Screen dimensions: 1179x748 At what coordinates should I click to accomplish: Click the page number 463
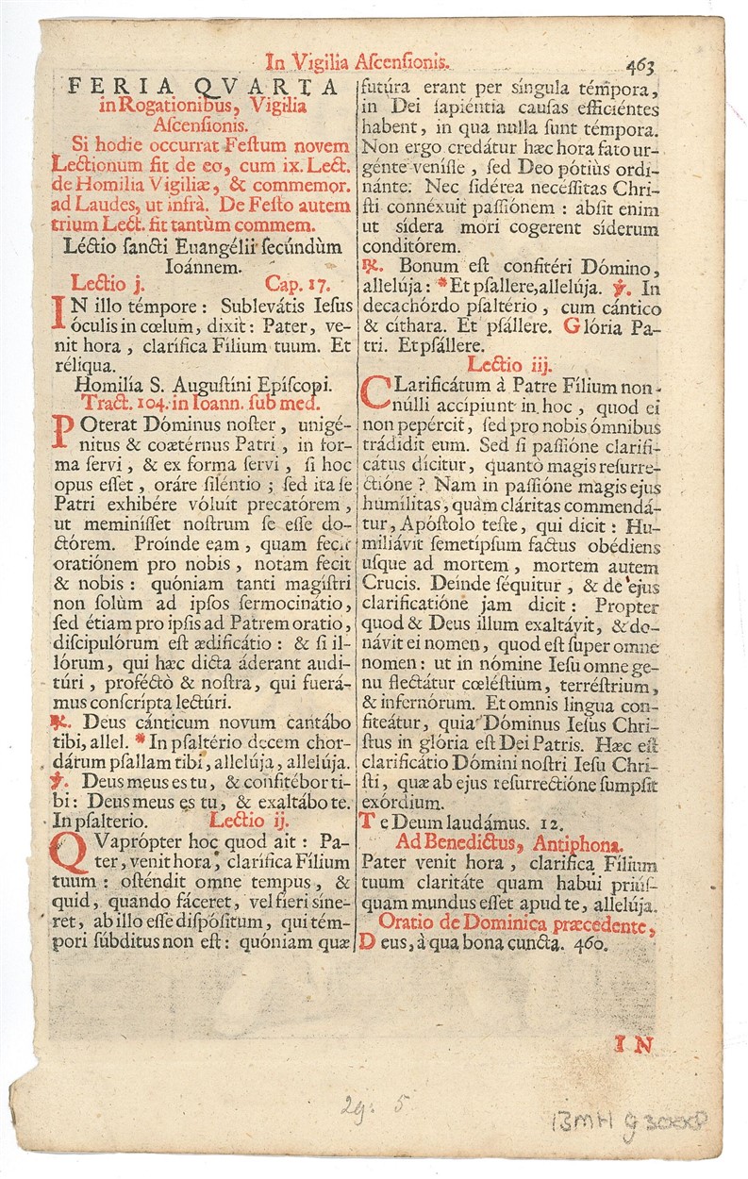pyautogui.click(x=639, y=66)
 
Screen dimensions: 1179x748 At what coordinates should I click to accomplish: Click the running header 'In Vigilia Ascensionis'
pyautogui.click(x=359, y=63)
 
